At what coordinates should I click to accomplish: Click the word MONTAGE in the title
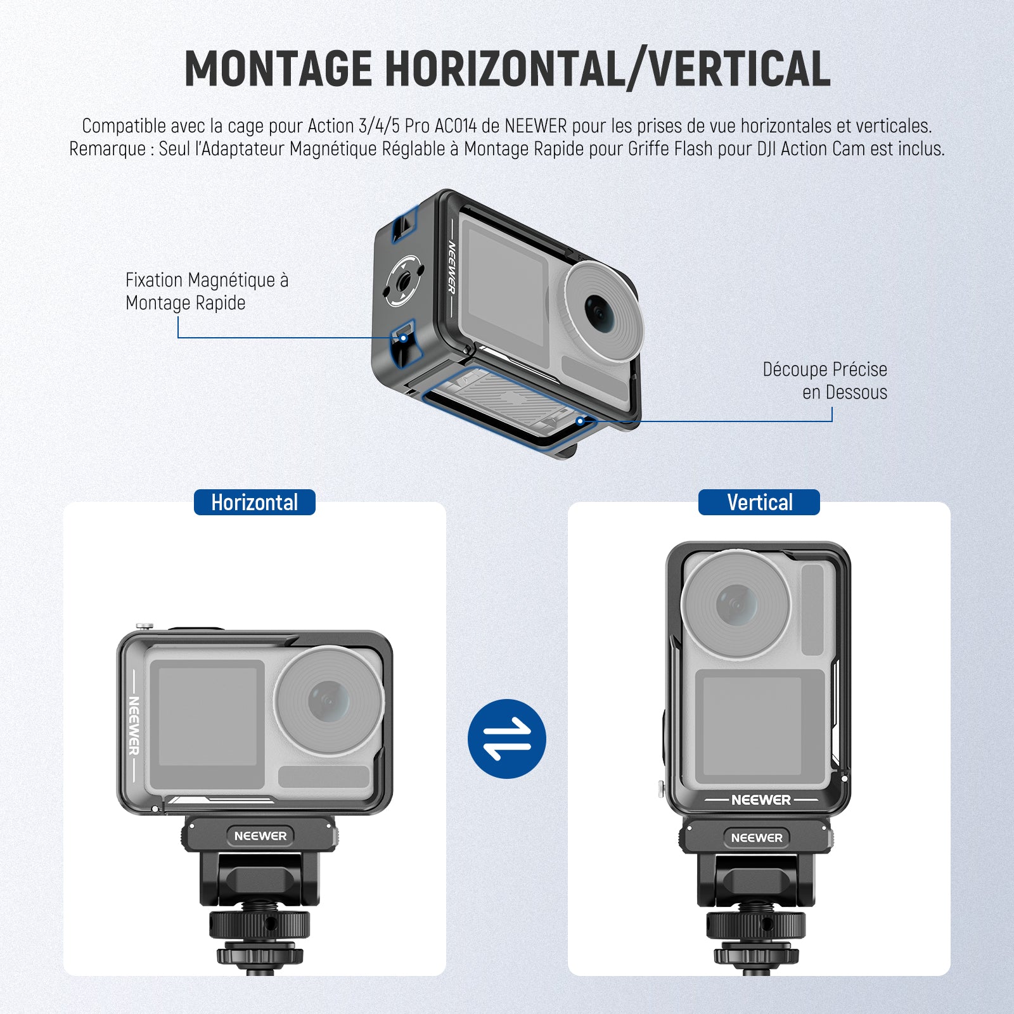point(278,68)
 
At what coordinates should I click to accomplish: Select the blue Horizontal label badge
point(254,503)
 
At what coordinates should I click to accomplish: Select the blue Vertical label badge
point(759,503)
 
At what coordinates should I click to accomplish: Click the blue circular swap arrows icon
point(507,738)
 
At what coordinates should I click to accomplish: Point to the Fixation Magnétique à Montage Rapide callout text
point(207,291)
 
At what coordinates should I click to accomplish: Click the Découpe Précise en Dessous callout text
point(825,380)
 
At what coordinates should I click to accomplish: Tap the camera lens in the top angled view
point(603,312)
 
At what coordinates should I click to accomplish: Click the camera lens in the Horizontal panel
point(329,700)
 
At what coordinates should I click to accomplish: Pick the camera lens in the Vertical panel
point(736,604)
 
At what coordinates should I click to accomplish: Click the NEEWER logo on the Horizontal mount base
point(260,836)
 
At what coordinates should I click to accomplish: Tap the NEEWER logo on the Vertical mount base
point(757,838)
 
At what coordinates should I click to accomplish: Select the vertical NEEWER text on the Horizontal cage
point(134,726)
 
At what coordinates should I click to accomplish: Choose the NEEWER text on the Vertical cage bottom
point(761,800)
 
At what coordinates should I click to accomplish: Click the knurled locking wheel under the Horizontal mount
point(260,925)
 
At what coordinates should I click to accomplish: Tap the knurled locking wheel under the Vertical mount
point(756,926)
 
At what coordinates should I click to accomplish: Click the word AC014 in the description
point(456,125)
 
